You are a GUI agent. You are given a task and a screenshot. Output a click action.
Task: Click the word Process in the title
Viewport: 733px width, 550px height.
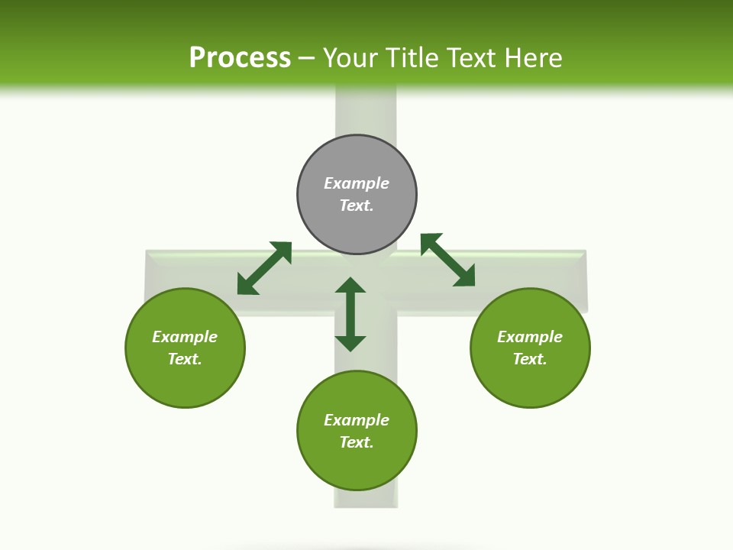click(x=240, y=58)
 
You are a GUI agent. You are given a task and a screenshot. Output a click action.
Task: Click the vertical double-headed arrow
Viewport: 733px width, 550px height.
click(x=350, y=314)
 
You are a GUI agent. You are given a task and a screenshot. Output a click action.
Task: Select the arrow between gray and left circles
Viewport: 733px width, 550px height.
click(x=264, y=268)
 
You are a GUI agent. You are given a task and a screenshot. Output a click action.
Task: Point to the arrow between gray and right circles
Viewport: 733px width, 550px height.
click(x=448, y=260)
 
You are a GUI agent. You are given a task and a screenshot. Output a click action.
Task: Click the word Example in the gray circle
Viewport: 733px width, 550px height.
click(x=357, y=183)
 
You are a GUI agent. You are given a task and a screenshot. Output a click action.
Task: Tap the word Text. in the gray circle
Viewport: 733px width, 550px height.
click(x=357, y=205)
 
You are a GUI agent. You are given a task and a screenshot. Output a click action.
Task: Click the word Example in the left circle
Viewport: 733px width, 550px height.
click(x=185, y=337)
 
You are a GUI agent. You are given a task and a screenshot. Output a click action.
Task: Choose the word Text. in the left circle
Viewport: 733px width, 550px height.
click(x=185, y=359)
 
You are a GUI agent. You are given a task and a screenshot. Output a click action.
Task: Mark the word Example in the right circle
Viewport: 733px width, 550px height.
click(x=530, y=337)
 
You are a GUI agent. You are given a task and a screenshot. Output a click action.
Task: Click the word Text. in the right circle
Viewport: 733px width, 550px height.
click(x=530, y=359)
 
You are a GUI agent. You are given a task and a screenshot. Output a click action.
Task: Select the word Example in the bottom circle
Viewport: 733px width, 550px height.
click(x=357, y=420)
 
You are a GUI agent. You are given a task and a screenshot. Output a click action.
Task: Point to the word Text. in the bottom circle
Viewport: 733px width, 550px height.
click(x=357, y=442)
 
